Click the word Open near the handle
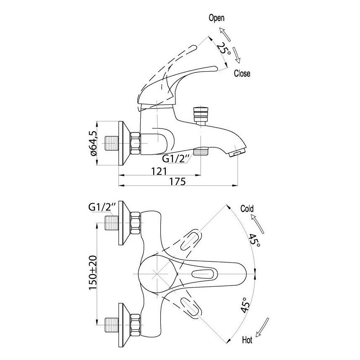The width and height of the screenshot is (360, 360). click(216, 18)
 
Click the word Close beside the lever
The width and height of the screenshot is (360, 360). click(242, 74)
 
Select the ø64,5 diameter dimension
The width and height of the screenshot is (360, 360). click(94, 143)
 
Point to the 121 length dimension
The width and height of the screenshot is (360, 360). click(159, 171)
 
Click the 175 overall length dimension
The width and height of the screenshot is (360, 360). click(177, 181)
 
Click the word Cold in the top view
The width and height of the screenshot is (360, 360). click(247, 209)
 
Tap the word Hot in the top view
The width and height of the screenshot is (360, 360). click(247, 340)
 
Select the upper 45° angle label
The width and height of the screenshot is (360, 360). click(255, 241)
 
